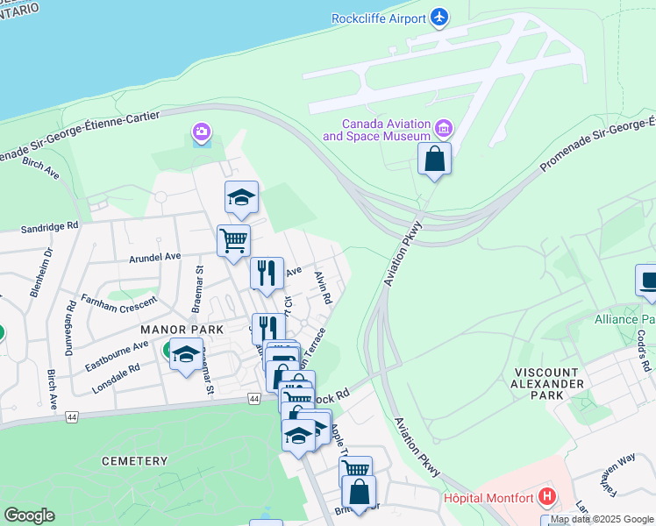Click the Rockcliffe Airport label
click(x=378, y=18)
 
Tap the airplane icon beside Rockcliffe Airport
click(x=439, y=18)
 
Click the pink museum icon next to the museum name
click(x=443, y=131)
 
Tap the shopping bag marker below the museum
click(x=434, y=160)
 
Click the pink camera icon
click(x=202, y=133)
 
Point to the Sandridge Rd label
click(x=51, y=226)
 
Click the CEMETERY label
click(x=134, y=461)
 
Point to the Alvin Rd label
click(x=323, y=287)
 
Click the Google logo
click(x=29, y=515)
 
